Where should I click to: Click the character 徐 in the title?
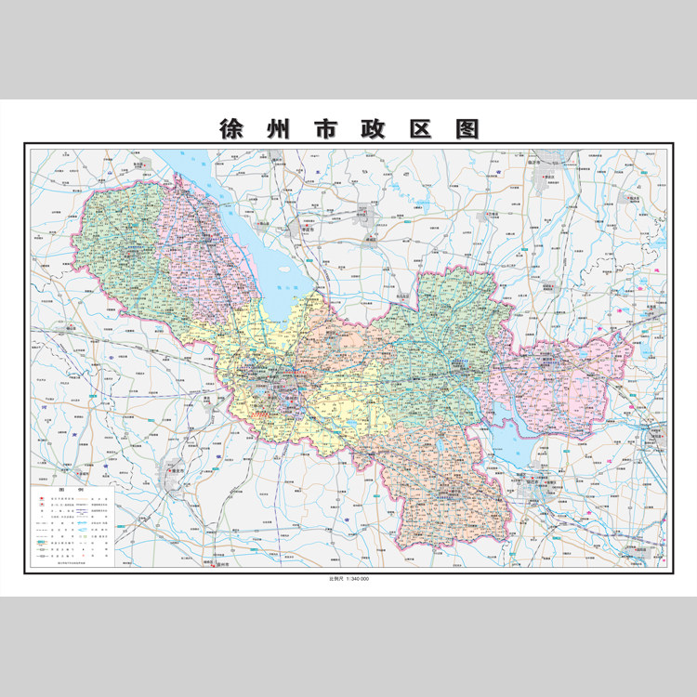[x=229, y=129]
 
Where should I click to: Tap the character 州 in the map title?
[x=279, y=129]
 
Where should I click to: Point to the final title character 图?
[x=467, y=129]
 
